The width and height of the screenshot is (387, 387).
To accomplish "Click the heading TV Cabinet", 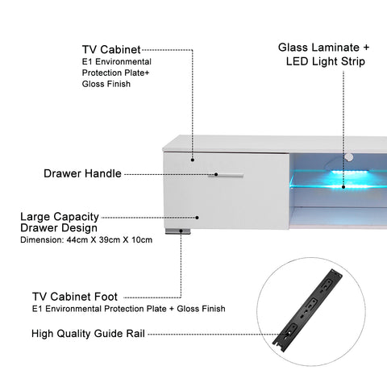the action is pyautogui.click(x=111, y=50).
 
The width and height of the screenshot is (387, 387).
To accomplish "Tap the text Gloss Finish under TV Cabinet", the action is pyautogui.click(x=106, y=84).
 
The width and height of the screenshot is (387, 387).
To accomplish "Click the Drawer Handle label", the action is pyautogui.click(x=82, y=173).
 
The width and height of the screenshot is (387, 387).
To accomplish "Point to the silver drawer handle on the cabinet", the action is pyautogui.click(x=226, y=176).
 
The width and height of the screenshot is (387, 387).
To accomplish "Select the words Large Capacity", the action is pyautogui.click(x=60, y=217).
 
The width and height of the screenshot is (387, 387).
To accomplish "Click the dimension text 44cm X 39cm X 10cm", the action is pyautogui.click(x=110, y=239).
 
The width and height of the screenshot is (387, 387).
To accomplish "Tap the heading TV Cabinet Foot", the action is pyautogui.click(x=75, y=297).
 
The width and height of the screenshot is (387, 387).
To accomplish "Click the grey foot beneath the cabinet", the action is pyautogui.click(x=178, y=231).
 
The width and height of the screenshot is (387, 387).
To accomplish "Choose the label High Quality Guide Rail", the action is pyautogui.click(x=88, y=334).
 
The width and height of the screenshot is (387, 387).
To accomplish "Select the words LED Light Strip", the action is pyautogui.click(x=326, y=61).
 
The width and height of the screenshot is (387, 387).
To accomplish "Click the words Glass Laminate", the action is pyautogui.click(x=318, y=48).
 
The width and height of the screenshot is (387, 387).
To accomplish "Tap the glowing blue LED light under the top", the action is pyautogui.click(x=350, y=173).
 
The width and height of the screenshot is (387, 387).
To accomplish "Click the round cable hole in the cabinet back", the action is pyautogui.click(x=349, y=157).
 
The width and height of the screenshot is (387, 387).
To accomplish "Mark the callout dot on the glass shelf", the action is pyautogui.click(x=343, y=187).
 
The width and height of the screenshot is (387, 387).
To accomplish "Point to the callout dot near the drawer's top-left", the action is pyautogui.click(x=193, y=160).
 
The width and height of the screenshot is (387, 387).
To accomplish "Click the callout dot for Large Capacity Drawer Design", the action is pyautogui.click(x=198, y=218).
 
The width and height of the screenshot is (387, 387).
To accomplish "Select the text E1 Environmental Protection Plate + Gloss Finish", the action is pyautogui.click(x=129, y=309).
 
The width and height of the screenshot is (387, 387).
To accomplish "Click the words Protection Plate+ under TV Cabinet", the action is pyautogui.click(x=115, y=73).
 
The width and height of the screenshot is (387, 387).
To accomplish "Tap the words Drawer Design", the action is pyautogui.click(x=59, y=228).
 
